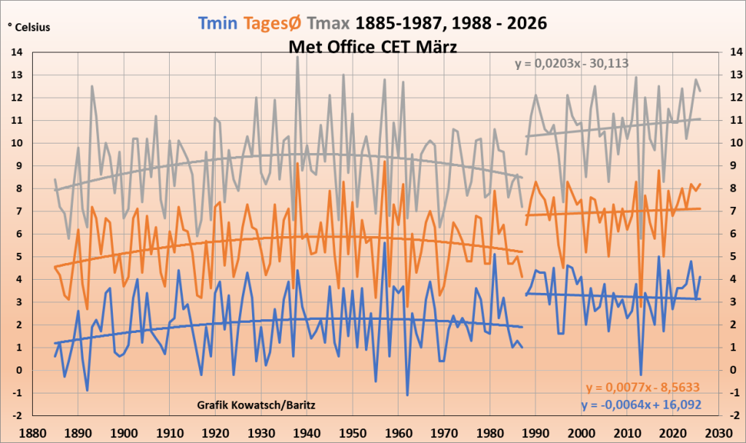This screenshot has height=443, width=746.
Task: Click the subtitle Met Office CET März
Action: click(x=373, y=46)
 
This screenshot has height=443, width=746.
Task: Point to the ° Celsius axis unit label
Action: click(x=29, y=28)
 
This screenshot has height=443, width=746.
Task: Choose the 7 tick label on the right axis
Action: click(x=730, y=211)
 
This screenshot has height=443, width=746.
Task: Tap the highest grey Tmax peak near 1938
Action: click(x=297, y=58)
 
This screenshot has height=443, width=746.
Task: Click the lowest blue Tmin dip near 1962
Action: click(x=407, y=395)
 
